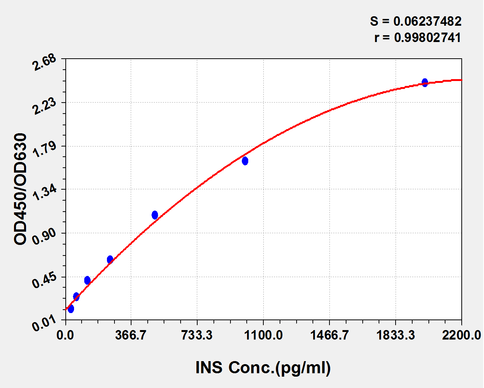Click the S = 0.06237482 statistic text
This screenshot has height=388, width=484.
coord(416,21)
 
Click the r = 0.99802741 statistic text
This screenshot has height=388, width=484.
coord(418,37)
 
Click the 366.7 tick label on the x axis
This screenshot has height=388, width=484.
coord(131,335)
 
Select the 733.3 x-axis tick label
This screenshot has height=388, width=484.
coord(197,335)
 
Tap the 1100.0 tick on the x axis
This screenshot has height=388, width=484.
coord(263,335)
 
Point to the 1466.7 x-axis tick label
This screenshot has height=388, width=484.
coord(329,335)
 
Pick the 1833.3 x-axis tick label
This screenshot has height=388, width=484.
coord(396,335)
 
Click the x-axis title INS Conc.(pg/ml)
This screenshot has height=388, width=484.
coord(263,368)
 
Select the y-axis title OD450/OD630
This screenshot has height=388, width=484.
coord(21,189)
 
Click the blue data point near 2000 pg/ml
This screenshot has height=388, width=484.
coord(425,83)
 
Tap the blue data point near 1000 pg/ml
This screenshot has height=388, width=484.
coord(245,161)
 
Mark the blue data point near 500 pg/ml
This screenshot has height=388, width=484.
coord(155,215)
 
